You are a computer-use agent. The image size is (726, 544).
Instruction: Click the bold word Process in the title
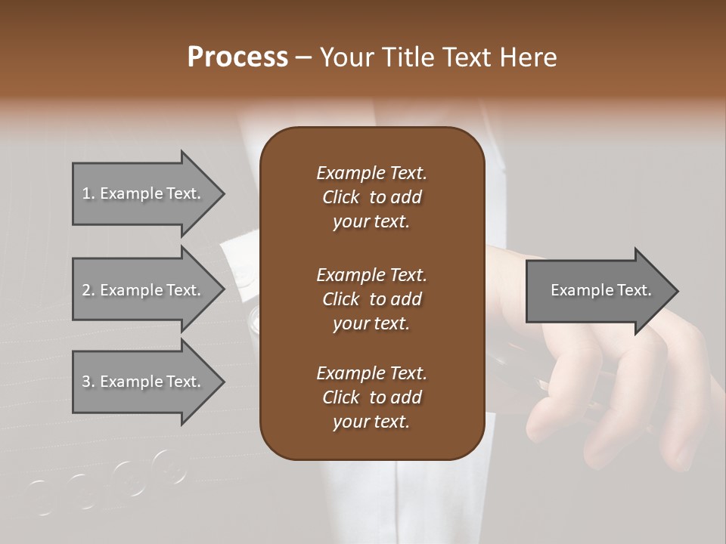click(x=237, y=57)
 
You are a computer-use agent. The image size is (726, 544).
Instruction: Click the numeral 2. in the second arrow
click(x=88, y=290)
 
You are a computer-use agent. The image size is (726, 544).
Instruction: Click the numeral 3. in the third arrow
click(x=88, y=382)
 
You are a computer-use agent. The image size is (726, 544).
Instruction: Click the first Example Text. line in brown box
click(x=371, y=173)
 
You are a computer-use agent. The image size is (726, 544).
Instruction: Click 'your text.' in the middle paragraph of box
click(x=371, y=323)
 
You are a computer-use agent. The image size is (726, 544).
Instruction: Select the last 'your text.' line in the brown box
click(x=371, y=422)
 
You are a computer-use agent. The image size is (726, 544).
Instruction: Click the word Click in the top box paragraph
click(x=341, y=197)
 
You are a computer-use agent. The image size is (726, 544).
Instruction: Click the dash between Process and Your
click(x=303, y=57)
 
